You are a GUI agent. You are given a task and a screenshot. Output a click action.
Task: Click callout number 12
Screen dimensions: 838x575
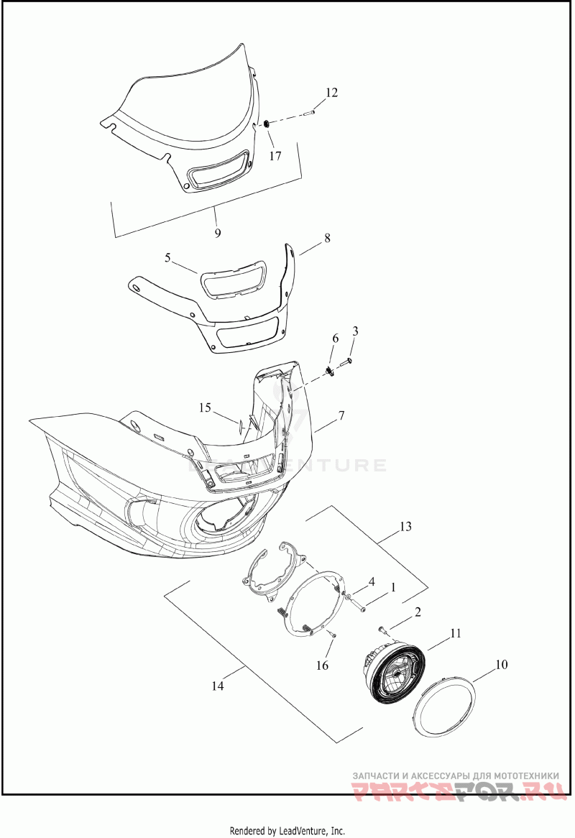tap(331, 93)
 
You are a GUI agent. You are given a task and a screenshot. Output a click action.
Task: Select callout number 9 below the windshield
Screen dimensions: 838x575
tap(217, 233)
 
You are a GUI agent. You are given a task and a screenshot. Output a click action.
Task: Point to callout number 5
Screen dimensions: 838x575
tap(167, 258)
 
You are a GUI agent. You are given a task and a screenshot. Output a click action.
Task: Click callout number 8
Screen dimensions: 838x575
tap(327, 238)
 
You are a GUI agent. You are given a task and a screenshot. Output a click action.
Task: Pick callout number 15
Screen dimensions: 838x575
tap(206, 408)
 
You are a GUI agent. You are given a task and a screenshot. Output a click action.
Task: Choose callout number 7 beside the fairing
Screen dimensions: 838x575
tap(341, 416)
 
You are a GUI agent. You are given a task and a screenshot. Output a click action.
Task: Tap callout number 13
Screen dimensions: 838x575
tap(405, 527)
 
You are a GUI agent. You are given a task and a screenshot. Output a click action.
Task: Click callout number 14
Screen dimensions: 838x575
tap(218, 686)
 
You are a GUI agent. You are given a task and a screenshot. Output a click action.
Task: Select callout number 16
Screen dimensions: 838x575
tap(323, 666)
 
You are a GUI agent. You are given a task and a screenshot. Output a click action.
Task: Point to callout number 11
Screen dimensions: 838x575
tap(455, 633)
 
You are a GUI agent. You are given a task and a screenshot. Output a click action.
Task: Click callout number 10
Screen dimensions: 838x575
tap(501, 665)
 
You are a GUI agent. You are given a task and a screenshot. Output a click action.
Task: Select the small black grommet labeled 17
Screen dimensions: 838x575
tap(266, 126)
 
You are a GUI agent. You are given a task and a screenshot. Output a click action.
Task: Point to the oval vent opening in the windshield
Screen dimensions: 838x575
tap(217, 172)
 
